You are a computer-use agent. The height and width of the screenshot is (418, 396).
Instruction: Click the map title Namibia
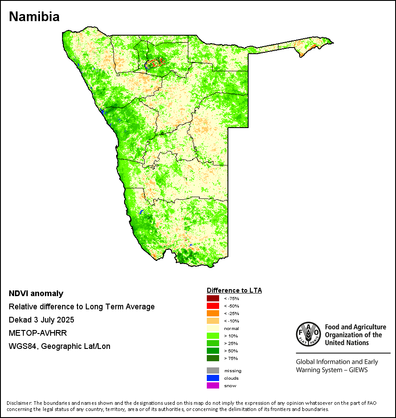[34, 17]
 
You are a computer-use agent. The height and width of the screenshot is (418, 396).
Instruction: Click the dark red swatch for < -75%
[213, 299]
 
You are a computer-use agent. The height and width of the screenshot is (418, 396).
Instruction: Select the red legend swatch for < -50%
[213, 306]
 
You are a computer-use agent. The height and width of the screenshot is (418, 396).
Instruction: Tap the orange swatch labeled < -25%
[213, 314]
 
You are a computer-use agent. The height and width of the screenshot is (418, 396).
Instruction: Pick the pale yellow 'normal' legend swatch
[213, 329]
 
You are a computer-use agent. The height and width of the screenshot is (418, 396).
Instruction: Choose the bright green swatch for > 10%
[213, 336]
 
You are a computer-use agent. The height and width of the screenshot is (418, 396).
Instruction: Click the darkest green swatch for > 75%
[213, 359]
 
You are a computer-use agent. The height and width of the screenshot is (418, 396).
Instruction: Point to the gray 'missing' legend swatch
[213, 371]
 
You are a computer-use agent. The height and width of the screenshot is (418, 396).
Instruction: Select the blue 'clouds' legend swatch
[213, 378]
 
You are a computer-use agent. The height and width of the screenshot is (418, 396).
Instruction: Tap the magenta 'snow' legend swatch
[213, 386]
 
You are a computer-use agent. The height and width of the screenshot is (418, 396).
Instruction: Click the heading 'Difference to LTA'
[234, 290]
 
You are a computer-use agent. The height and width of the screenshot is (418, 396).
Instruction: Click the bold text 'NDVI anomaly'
[36, 293]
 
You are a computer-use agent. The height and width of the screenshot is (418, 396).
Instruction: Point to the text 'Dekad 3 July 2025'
[41, 320]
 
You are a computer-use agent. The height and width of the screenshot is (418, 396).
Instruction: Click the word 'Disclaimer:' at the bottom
[19, 403]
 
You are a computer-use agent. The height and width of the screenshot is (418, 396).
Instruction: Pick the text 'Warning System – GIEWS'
[332, 370]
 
